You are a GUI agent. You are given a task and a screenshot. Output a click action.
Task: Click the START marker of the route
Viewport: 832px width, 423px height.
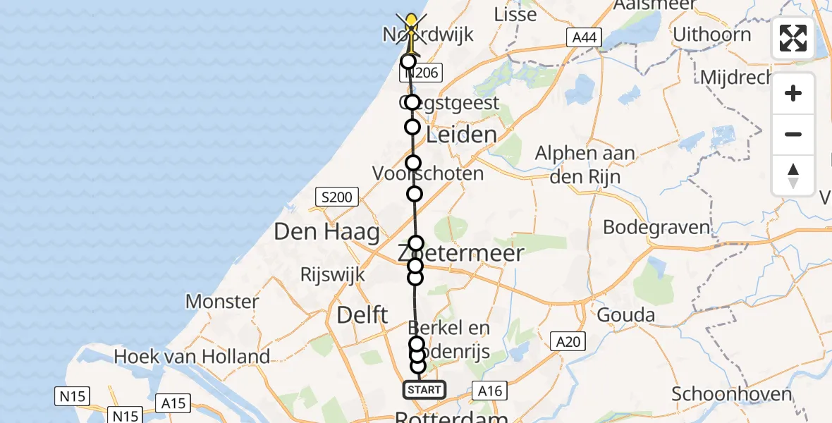pyautogui.click(x=424, y=389)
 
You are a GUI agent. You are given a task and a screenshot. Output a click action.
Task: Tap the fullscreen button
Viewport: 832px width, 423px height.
pyautogui.click(x=793, y=38)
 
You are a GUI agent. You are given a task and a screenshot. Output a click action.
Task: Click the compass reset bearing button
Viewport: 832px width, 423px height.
pyautogui.click(x=793, y=176)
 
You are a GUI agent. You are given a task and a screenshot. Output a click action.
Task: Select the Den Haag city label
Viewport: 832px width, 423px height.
pyautogui.click(x=326, y=231)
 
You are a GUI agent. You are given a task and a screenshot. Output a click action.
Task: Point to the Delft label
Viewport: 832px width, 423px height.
pyautogui.click(x=362, y=314)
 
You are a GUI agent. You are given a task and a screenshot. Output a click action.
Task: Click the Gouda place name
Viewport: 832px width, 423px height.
pyautogui.click(x=625, y=314)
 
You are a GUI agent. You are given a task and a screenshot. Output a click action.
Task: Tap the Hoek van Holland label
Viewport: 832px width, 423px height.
pyautogui.click(x=192, y=357)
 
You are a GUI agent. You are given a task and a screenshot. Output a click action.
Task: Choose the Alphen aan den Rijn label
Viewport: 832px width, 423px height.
pyautogui.click(x=585, y=164)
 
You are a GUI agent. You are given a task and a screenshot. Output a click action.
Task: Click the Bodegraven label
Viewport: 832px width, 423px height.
pyautogui.click(x=656, y=227)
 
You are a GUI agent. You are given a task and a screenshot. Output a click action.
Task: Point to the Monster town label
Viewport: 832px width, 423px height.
pyautogui.click(x=222, y=302)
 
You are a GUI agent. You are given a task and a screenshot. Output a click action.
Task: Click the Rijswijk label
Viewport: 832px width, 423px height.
pyautogui.click(x=333, y=274)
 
